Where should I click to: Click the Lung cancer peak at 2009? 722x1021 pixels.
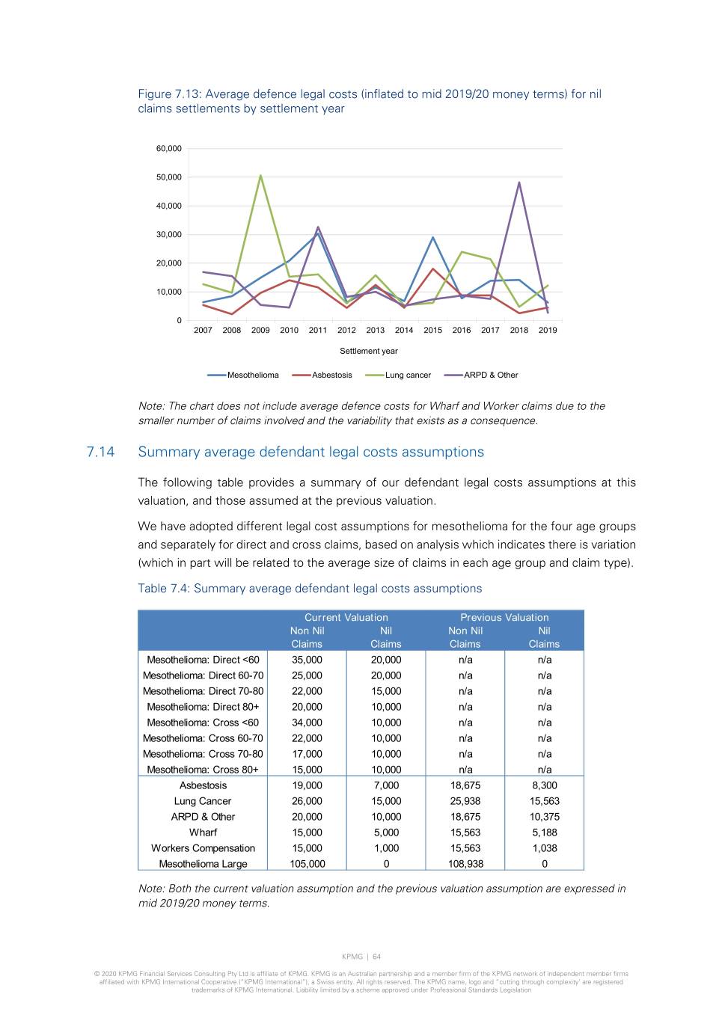tap(260, 176)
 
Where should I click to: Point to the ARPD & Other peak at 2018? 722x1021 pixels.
tap(518, 183)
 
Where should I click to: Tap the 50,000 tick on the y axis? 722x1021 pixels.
tap(169, 177)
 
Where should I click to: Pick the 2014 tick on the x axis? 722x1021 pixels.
tap(404, 330)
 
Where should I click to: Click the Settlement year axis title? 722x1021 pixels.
tap(369, 351)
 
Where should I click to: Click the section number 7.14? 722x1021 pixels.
tap(100, 452)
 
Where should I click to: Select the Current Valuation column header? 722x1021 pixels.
tap(346, 617)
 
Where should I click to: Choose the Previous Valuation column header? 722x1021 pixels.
tap(504, 617)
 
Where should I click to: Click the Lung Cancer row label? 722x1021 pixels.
tap(203, 801)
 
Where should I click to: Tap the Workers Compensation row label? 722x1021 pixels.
tap(203, 848)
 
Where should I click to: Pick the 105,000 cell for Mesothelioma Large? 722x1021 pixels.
tap(308, 864)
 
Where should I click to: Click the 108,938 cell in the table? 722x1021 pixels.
tap(465, 864)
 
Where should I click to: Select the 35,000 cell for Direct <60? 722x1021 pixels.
tap(308, 660)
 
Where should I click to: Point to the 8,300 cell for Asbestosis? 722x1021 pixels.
tap(545, 785)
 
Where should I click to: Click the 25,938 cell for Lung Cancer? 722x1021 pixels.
tap(465, 801)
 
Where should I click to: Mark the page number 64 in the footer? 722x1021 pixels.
tap(377, 957)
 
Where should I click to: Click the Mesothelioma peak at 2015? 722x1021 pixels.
tap(432, 238)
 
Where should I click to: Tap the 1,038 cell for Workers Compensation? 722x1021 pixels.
tap(545, 848)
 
